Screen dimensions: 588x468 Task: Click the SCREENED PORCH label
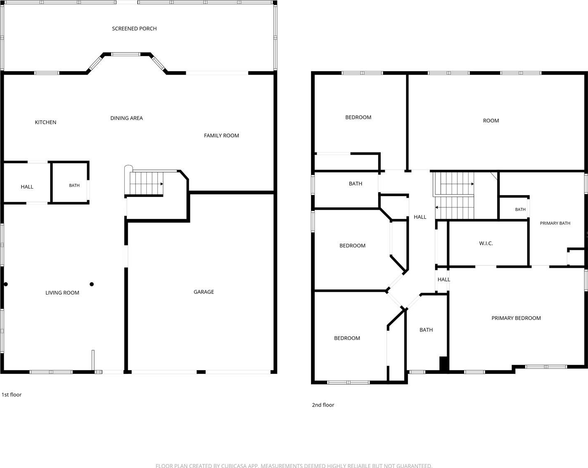coord(134,29)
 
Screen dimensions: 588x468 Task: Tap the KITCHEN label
coord(45,122)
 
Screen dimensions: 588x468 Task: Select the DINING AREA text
coord(126,118)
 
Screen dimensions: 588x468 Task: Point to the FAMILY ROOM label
coord(221,136)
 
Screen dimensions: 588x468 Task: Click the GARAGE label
coord(204,292)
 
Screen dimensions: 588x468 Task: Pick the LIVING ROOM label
coord(62,293)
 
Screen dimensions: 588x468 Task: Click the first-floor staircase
coord(146,183)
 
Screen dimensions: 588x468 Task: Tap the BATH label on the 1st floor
coord(74,185)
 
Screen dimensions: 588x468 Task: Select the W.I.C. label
coord(486,243)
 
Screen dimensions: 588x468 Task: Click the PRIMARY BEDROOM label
coord(516,318)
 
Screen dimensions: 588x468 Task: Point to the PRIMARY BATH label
coord(555,223)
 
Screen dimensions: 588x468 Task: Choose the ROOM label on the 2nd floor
coord(491,121)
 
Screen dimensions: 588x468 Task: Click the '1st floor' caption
coord(12,395)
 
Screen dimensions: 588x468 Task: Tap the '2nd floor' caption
coord(323,405)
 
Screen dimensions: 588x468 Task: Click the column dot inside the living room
coord(92,284)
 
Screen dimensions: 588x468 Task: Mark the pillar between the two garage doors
coord(201,372)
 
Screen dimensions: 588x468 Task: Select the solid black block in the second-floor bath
coord(443,364)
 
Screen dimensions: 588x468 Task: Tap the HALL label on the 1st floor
coord(27,187)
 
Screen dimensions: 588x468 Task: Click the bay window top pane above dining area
coord(126,54)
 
